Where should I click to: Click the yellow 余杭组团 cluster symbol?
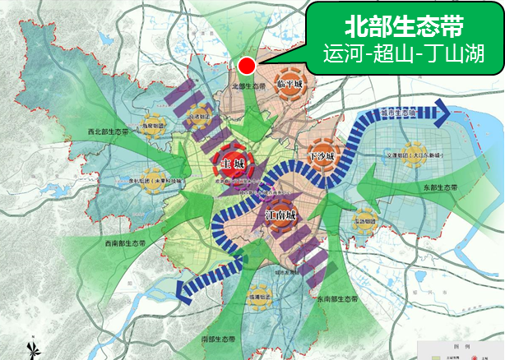[150, 181]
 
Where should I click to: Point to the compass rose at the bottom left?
[33, 350]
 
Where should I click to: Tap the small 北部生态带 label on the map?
[250, 85]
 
